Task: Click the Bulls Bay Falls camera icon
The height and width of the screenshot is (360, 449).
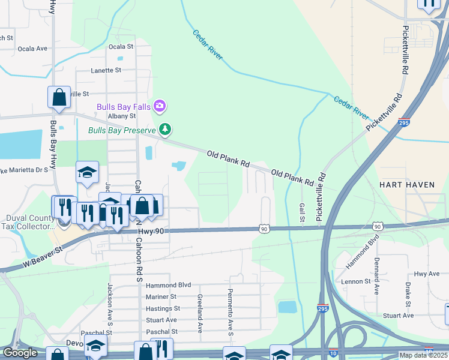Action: [x=160, y=106]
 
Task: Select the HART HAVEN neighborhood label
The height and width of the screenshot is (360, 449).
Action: [x=407, y=185]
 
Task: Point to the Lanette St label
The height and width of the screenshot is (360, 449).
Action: [x=106, y=70]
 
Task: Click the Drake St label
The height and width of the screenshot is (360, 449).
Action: [x=407, y=292]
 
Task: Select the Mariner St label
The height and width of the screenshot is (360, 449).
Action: [x=161, y=296]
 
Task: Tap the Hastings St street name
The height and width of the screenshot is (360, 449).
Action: [x=163, y=308]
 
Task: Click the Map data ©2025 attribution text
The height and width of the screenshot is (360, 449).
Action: [x=423, y=355]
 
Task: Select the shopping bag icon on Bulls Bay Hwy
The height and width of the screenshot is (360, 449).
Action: [x=59, y=97]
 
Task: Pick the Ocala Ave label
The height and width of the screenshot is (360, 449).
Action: [x=32, y=49]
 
